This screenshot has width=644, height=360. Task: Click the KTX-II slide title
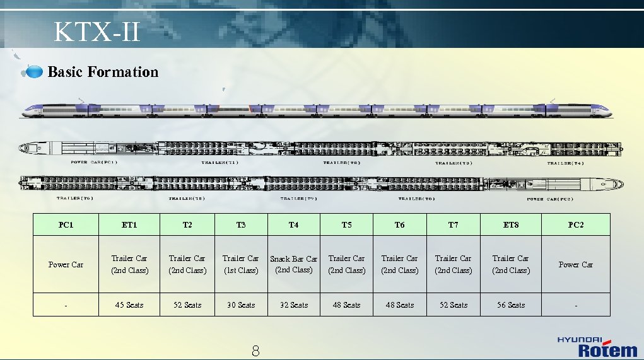tap(97, 32)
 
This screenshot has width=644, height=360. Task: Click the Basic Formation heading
tap(103, 72)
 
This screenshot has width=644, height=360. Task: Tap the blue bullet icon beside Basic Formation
tap(33, 73)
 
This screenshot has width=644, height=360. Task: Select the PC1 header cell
tap(66, 225)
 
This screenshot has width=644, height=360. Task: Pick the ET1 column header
tap(129, 225)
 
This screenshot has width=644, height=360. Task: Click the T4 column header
tap(294, 225)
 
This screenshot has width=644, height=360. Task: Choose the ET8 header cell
tap(511, 225)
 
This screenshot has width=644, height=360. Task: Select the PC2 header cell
tap(576, 225)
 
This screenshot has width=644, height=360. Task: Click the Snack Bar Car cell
tap(294, 264)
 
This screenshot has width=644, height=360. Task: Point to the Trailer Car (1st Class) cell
tap(241, 264)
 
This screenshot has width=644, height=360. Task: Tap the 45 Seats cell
tap(129, 305)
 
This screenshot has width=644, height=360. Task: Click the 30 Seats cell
tap(241, 305)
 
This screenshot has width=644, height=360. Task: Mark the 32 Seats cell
tap(294, 305)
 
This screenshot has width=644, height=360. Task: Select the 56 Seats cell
tap(511, 305)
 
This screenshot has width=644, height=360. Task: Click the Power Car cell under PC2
tap(576, 265)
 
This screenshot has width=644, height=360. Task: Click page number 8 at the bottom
tap(255, 352)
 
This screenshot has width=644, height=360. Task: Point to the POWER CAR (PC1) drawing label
tap(94, 163)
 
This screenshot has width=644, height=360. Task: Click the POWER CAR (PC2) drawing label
tap(550, 199)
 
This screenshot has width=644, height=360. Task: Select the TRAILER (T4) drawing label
tap(566, 163)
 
